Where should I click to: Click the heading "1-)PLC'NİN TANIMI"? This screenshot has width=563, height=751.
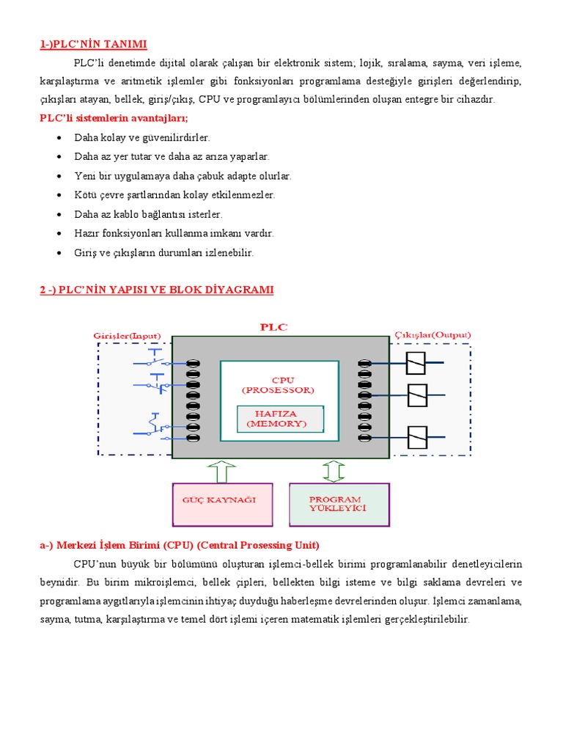98,45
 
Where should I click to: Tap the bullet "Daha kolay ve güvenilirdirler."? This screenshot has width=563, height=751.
142,137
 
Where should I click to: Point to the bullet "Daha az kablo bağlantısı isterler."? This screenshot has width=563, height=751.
148,214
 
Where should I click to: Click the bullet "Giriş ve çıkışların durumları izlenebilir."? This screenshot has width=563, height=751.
164,252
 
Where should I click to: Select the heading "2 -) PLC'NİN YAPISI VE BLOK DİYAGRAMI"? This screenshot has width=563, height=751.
156,290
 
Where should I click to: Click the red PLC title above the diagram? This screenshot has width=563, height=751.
275,327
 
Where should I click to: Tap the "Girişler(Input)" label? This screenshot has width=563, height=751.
127,335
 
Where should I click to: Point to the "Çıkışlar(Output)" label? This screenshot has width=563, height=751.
433,335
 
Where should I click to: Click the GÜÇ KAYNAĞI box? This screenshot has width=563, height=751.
223,505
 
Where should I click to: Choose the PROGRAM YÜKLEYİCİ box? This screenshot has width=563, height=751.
338,505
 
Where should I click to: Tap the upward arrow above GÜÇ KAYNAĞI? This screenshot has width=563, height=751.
222,471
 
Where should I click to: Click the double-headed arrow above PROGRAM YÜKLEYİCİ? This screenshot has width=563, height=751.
334,471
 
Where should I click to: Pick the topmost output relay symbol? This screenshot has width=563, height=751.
416,362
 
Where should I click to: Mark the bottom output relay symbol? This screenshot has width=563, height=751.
416,438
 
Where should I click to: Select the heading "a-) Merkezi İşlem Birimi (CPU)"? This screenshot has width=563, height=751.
180,546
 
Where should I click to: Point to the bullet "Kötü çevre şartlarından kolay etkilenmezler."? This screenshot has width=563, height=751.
174,195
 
